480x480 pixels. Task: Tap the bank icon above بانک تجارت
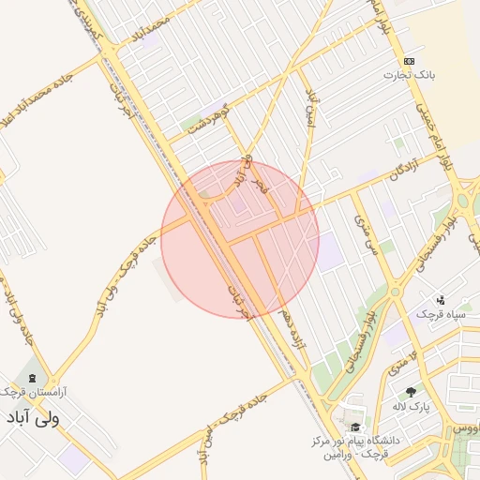click(409, 61)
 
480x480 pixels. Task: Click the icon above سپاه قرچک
click(442, 299)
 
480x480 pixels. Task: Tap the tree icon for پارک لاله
click(410, 391)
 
